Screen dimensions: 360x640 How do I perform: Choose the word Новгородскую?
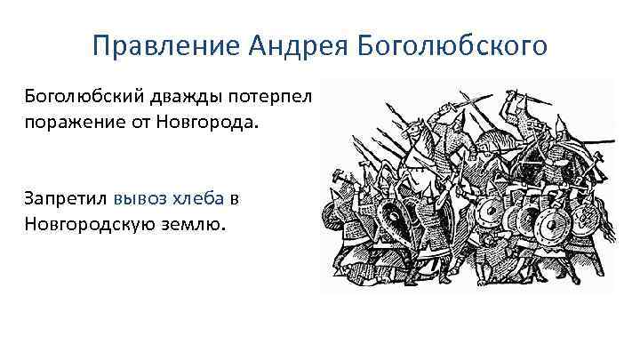click(x=93, y=225)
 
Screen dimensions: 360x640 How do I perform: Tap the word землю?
click(x=197, y=225)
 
